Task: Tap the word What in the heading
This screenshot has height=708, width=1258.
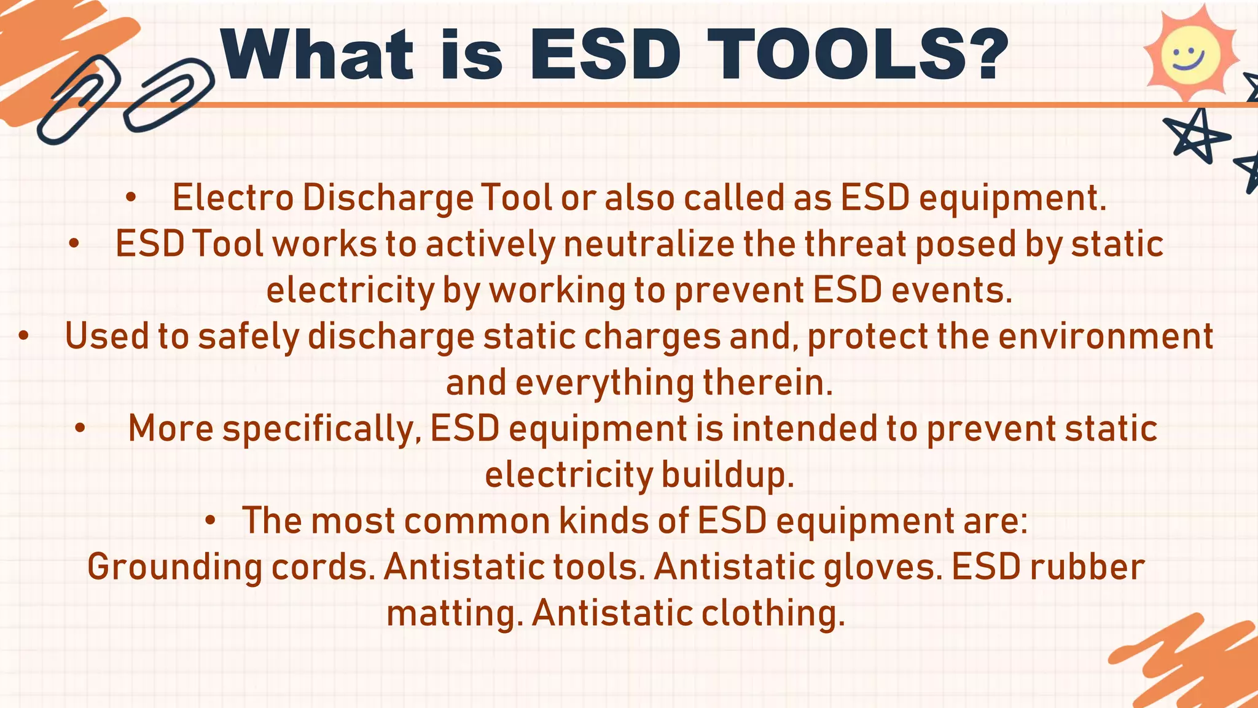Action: [x=317, y=55]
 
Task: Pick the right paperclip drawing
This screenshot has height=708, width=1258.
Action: [x=170, y=95]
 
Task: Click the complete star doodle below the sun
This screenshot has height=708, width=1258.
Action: [x=1195, y=136]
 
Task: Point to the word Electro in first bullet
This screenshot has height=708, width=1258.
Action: [x=233, y=199]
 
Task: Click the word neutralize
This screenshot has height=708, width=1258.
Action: [x=649, y=244]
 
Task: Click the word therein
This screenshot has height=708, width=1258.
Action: [x=767, y=383]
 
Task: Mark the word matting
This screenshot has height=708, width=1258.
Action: [x=455, y=613]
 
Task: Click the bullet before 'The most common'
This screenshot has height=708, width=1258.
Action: [x=210, y=521]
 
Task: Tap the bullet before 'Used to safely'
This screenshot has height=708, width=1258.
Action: [x=23, y=337]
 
